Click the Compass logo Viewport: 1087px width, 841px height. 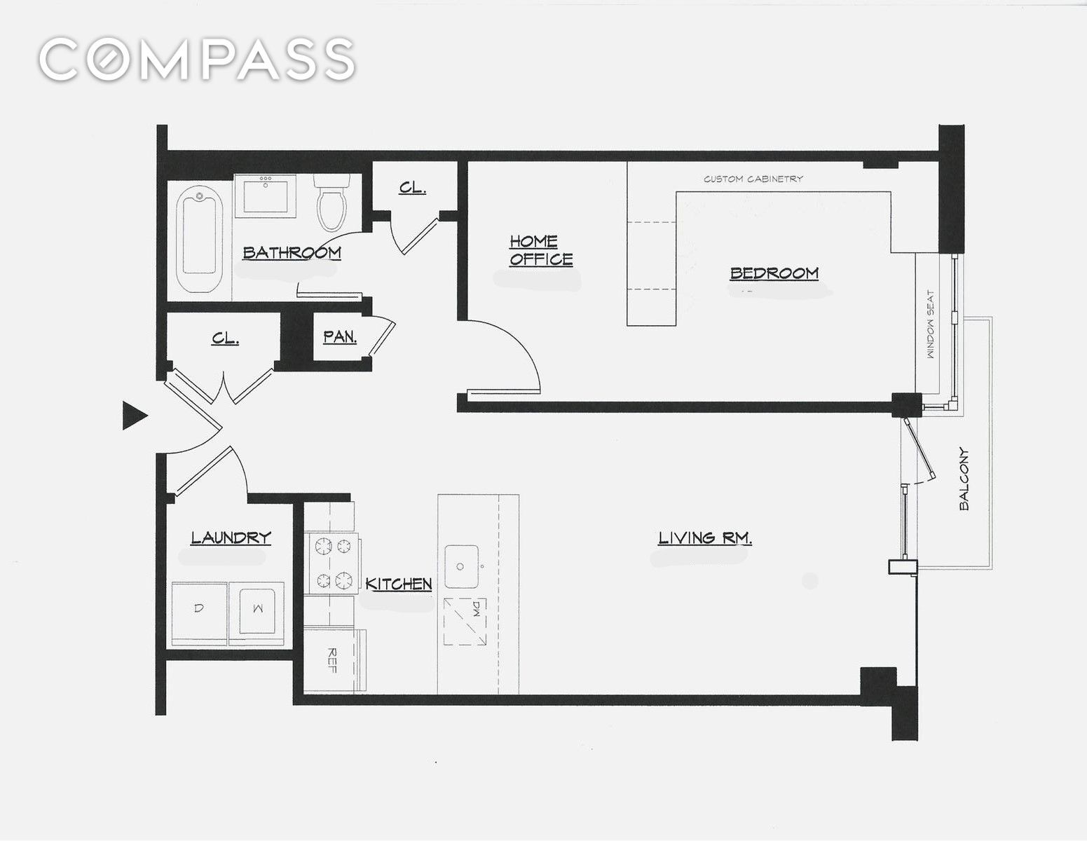197,58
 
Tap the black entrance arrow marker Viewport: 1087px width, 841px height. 135,416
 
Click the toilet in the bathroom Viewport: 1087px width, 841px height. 331,202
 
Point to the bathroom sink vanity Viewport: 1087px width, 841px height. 265,196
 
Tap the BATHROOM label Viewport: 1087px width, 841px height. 292,253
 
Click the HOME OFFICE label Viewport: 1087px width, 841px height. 541,250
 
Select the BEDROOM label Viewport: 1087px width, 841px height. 774,273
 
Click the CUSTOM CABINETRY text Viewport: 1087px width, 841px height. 753,179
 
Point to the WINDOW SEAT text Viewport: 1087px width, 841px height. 931,324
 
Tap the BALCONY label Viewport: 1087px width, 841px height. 964,479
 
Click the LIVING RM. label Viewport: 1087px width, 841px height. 705,538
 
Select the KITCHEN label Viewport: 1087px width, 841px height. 399,584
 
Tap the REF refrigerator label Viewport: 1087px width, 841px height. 331,660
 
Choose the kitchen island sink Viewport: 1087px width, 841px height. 461,566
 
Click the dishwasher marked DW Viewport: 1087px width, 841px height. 465,622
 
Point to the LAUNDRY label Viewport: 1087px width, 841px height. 231,538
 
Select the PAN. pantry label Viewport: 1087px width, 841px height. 340,336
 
